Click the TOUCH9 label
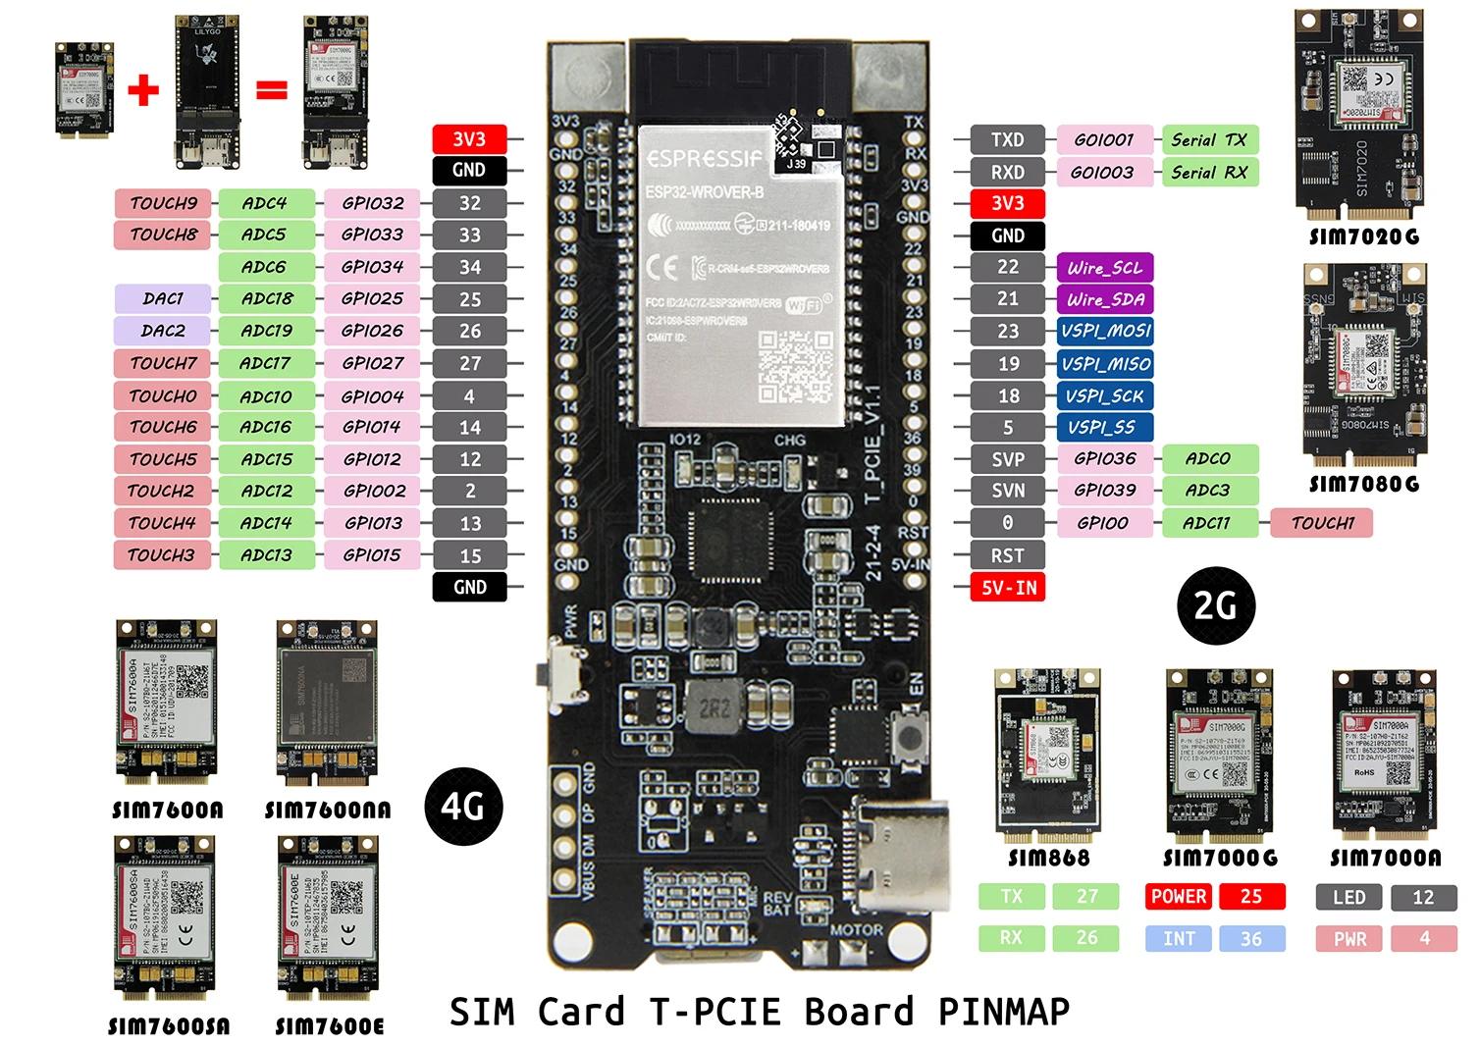164,203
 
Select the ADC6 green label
265,267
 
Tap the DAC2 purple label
163,331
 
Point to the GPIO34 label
372,267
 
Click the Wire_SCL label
1105,268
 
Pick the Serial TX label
1209,140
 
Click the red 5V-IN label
1009,588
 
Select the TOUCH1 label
1322,523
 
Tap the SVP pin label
1008,459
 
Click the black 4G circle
463,807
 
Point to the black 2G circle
1215,605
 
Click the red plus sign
143,90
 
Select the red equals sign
272,90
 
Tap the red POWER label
1179,896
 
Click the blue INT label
1180,939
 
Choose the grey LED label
1349,897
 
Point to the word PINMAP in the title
1004,1012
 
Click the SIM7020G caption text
1364,236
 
